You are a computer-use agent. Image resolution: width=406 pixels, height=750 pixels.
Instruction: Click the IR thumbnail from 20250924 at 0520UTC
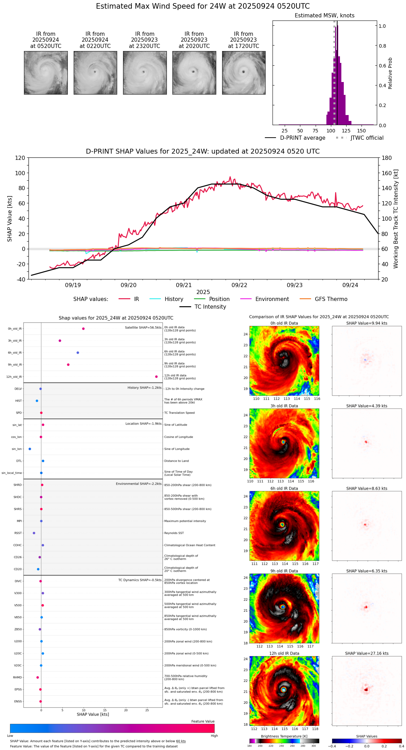(x=46, y=73)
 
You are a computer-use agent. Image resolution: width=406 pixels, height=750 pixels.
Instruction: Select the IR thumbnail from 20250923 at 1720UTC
(x=244, y=73)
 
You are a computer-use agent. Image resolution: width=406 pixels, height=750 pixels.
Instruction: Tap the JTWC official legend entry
(x=367, y=138)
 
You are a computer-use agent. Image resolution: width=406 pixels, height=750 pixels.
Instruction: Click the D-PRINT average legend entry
(x=302, y=138)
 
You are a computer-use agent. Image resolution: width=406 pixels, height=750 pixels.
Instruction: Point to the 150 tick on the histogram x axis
(x=362, y=131)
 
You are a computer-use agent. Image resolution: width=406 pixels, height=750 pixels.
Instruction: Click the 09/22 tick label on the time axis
(x=239, y=285)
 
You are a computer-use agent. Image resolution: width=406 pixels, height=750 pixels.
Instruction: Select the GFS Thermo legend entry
(x=331, y=299)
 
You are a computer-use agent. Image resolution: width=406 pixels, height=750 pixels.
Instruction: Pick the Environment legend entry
(x=272, y=299)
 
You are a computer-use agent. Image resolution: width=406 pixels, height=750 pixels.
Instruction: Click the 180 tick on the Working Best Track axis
(x=387, y=158)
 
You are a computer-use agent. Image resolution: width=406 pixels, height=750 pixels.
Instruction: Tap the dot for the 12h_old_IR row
(x=156, y=377)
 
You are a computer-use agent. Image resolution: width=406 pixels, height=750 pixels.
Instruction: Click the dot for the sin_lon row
(x=30, y=449)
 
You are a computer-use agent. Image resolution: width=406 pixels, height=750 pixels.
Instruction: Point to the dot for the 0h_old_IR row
(x=83, y=329)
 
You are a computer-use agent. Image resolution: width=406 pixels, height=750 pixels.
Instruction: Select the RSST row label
(x=18, y=533)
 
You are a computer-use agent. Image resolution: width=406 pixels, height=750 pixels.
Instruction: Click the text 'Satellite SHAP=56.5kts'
(x=143, y=328)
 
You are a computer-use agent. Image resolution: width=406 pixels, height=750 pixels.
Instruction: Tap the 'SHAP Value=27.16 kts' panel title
(x=367, y=653)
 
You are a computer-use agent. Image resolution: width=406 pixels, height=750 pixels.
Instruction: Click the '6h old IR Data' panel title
(x=284, y=488)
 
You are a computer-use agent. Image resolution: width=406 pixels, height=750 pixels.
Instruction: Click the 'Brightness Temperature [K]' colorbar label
(x=284, y=736)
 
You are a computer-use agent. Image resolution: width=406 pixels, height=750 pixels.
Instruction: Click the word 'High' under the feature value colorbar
(x=214, y=735)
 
